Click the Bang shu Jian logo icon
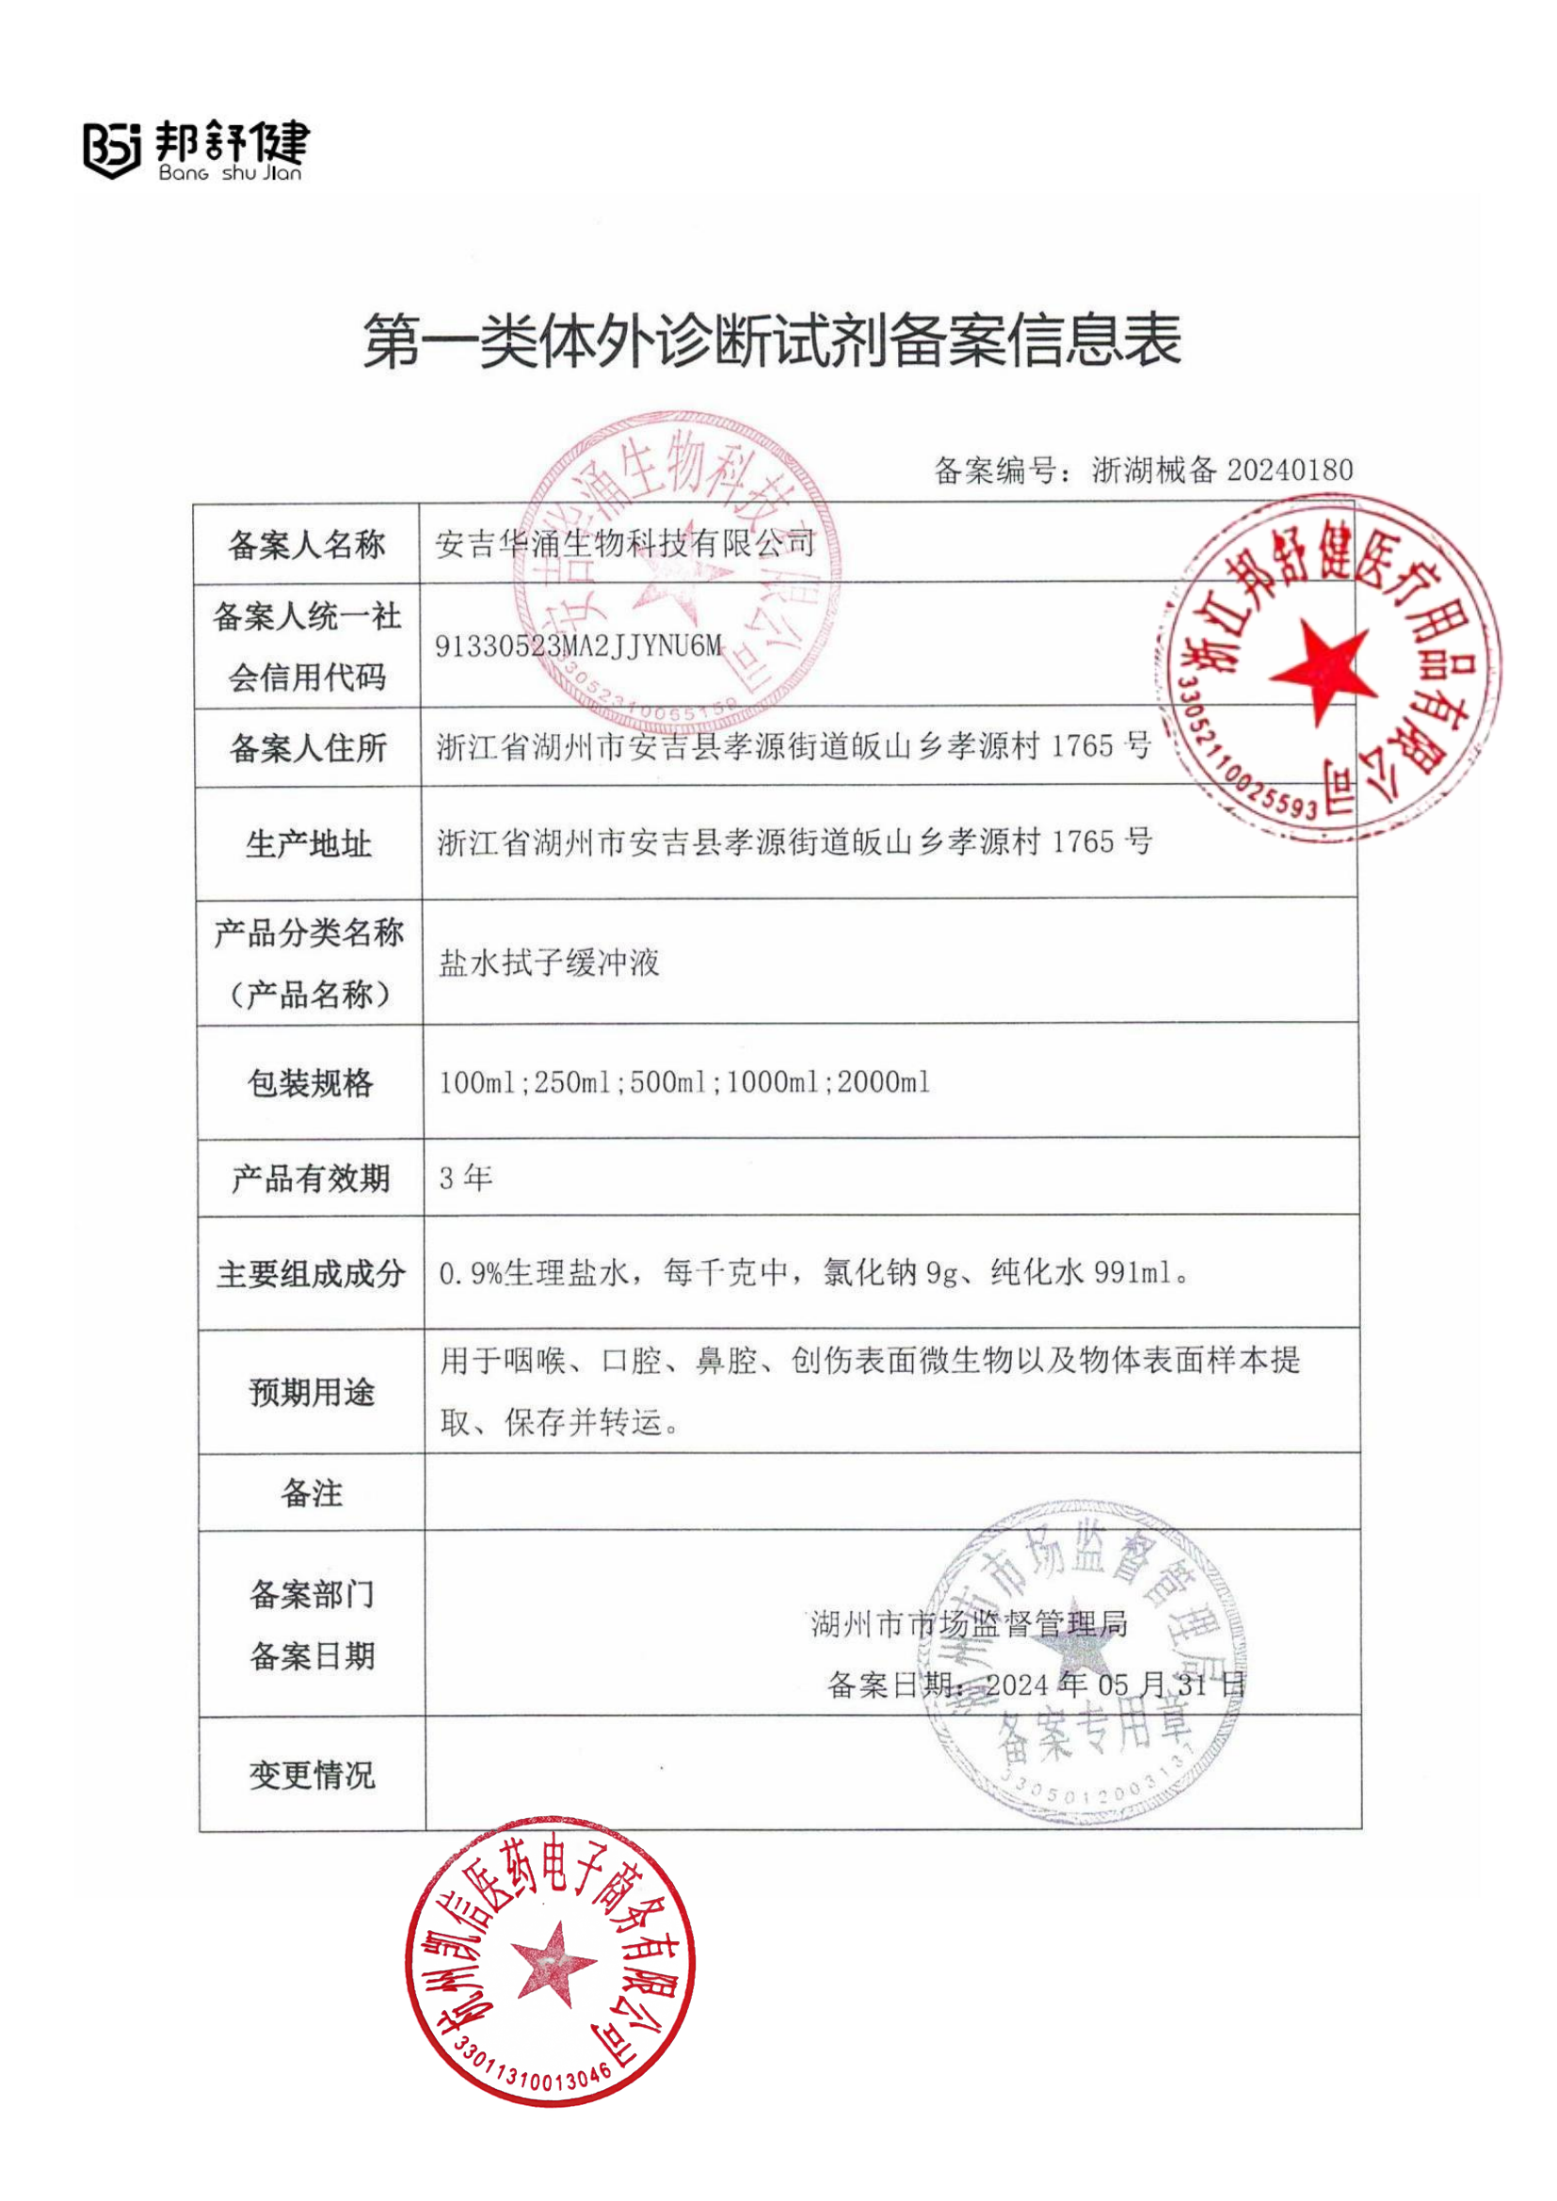coord(111,150)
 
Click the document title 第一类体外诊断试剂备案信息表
coord(772,341)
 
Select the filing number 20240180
coord(1290,470)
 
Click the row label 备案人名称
coord(307,545)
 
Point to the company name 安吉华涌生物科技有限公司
coord(625,544)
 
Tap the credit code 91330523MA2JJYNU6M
coord(578,646)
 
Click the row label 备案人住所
coord(308,748)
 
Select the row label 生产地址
coord(308,843)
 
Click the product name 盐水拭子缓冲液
coord(550,963)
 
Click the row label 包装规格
coord(310,1082)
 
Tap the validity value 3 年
coord(466,1178)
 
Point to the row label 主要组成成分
coord(311,1274)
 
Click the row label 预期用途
coord(312,1392)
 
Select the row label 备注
coord(312,1492)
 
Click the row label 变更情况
coord(312,1775)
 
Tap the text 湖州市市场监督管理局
coord(970,1624)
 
